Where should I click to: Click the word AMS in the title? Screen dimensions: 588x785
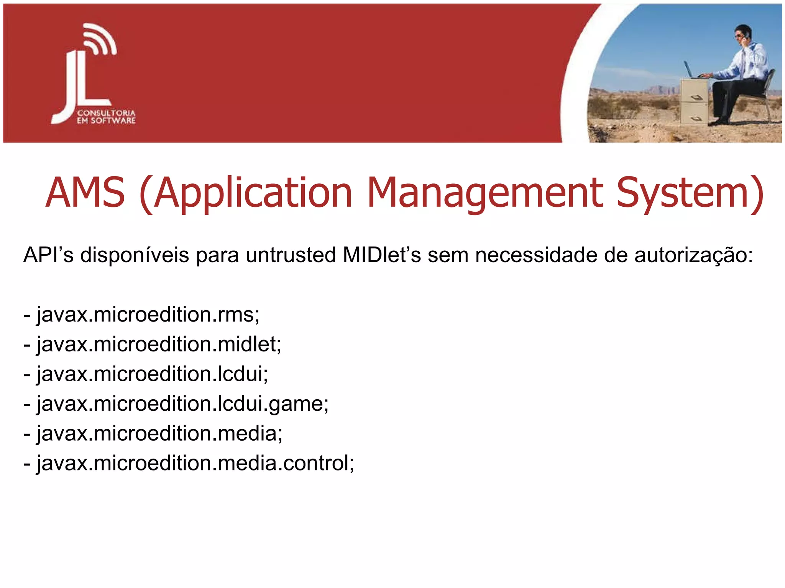[85, 193]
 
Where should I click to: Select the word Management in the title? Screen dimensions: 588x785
[485, 193]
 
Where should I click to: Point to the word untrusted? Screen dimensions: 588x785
[291, 255]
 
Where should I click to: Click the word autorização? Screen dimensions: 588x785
[693, 255]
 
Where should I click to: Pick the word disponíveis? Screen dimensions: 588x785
[134, 255]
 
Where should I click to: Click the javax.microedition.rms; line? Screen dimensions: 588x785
[142, 315]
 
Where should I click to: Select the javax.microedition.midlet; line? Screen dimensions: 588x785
[153, 345]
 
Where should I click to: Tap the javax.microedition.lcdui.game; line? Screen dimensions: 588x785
[176, 404]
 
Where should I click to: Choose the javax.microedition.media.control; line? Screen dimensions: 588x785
[189, 463]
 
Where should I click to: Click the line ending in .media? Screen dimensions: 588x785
[153, 434]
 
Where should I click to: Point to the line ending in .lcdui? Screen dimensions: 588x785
[146, 374]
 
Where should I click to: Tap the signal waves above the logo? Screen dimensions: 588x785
[100, 38]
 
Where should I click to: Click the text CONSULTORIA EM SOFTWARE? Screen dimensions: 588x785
[106, 117]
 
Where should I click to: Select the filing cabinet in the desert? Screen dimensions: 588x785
[694, 101]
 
